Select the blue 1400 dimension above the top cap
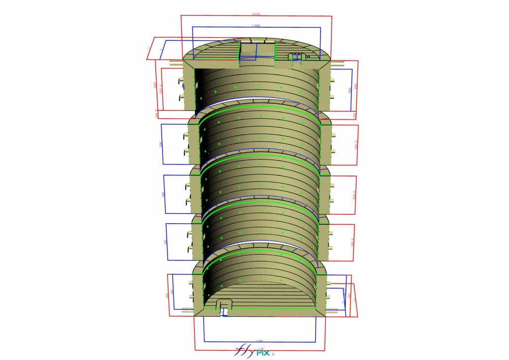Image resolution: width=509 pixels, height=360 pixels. (x=256, y=25)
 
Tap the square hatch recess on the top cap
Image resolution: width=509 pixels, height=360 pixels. (x=249, y=51)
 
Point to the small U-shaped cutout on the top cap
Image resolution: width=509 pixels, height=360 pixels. (x=297, y=57)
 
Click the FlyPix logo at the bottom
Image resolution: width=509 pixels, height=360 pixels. (x=254, y=351)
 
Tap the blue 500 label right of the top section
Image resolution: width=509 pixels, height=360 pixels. (x=350, y=90)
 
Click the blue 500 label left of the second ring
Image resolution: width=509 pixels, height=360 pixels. (x=161, y=144)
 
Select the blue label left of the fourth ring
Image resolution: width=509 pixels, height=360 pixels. (x=165, y=242)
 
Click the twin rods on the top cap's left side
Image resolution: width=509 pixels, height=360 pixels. (x=175, y=64)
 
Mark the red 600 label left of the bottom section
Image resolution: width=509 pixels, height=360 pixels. (x=167, y=295)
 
